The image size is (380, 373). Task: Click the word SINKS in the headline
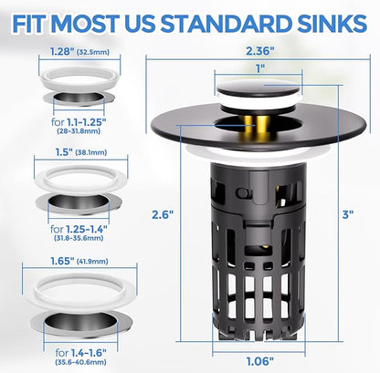[x=332, y=24]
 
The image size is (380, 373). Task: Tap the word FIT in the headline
[x=30, y=24]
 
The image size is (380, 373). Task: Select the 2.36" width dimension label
[x=259, y=51]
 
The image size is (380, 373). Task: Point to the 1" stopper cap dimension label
[x=259, y=68]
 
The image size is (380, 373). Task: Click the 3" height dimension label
[x=347, y=214]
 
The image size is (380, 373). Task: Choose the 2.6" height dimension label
[x=163, y=214]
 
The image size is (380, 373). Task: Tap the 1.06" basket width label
[x=259, y=361]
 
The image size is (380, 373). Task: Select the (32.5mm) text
[x=92, y=52]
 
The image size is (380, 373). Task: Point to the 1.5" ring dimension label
[x=64, y=152]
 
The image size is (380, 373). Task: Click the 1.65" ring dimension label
[x=62, y=261]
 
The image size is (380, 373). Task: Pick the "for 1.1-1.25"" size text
[x=79, y=122]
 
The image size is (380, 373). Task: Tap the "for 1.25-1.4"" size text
[x=79, y=228]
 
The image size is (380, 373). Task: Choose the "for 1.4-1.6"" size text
[x=80, y=353]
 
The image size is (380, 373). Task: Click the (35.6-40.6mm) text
[x=80, y=362]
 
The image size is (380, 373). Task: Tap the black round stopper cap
[x=259, y=88]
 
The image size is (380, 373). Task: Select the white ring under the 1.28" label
[x=79, y=80]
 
